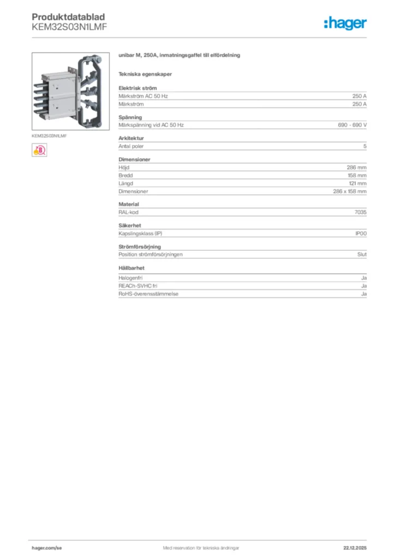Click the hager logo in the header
tap(345, 23)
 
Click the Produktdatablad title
tap(68, 17)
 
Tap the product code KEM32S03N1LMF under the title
tap(69, 27)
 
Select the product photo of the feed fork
tap(70, 91)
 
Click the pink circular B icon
tap(39, 150)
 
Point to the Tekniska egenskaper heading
tap(145, 74)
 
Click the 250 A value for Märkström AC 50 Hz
tap(360, 96)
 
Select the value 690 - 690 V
tap(352, 125)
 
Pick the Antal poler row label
tap(131, 146)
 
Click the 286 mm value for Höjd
tap(356, 167)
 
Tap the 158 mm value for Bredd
tap(357, 175)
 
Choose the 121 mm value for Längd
tap(357, 183)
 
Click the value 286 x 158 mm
tap(350, 192)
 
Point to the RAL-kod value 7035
tap(361, 212)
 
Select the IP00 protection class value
tap(361, 234)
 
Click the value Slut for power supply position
tap(362, 254)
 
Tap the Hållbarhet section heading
tap(131, 267)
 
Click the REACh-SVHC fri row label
tap(138, 286)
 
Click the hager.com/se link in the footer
tap(47, 548)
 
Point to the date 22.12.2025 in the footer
tap(355, 548)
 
